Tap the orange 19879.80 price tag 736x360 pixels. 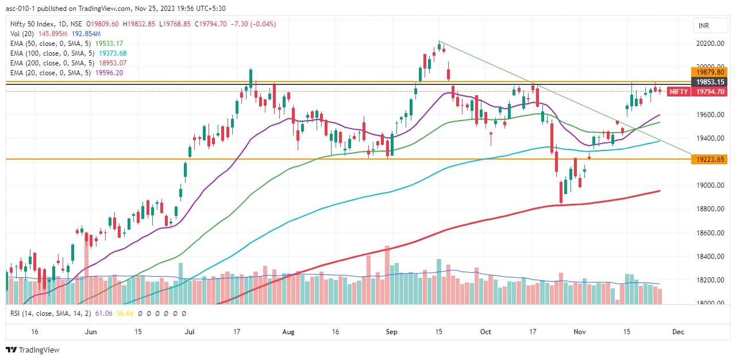pyautogui.click(x=710, y=72)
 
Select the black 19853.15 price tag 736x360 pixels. pyautogui.click(x=710, y=82)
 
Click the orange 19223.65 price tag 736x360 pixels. pyautogui.click(x=710, y=160)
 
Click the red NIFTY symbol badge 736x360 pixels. pyautogui.click(x=679, y=91)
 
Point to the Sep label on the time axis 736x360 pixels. pyautogui.click(x=391, y=332)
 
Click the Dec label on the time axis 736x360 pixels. pyautogui.click(x=678, y=332)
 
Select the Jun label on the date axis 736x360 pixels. pyautogui.click(x=91, y=332)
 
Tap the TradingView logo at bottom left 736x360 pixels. pyautogui.click(x=33, y=350)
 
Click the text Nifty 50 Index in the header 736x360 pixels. pyautogui.click(x=32, y=24)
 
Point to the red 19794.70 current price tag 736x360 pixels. pyautogui.click(x=710, y=92)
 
